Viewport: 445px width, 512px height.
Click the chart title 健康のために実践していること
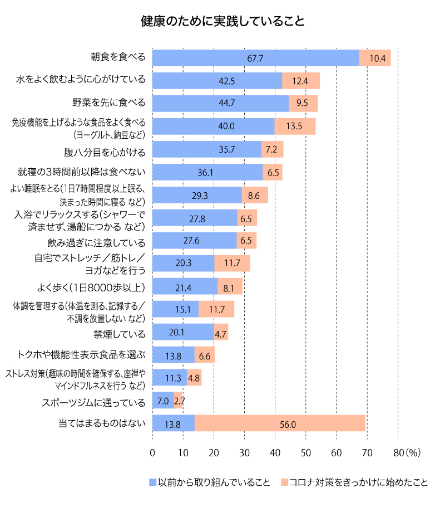point(222,21)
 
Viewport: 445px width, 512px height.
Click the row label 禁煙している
point(120,334)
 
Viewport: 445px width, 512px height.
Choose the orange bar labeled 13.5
point(295,126)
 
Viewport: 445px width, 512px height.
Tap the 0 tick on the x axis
point(152,453)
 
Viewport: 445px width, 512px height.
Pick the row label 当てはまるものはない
point(102,423)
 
